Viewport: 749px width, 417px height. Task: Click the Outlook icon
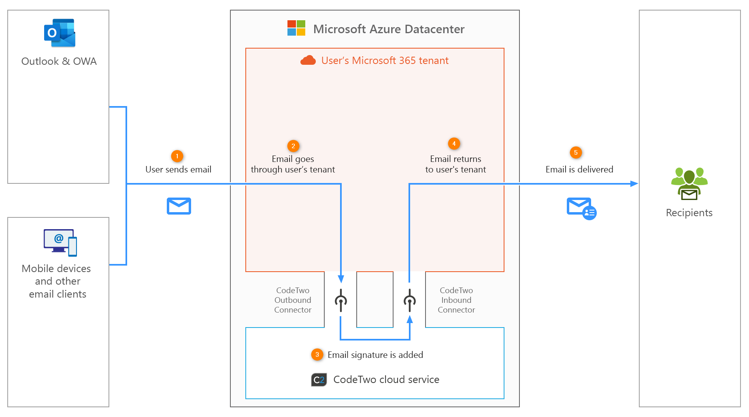coord(60,33)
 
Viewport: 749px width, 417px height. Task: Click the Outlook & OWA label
coord(59,62)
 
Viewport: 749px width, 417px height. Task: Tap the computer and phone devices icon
coord(60,243)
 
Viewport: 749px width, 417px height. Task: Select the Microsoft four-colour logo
coord(296,28)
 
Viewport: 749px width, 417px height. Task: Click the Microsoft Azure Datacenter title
coord(388,29)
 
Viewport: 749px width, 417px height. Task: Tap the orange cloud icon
coord(308,60)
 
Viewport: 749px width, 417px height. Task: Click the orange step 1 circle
coord(177,156)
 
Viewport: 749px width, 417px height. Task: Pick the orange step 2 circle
coord(293,146)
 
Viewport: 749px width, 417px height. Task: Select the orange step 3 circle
coord(317,355)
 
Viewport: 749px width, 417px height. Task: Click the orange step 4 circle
coord(454,144)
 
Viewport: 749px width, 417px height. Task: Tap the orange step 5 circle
coord(576,153)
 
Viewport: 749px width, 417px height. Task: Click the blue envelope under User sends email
coord(179,206)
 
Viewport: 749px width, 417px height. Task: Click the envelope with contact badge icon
coord(581,208)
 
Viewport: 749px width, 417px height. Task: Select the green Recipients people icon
coord(689,184)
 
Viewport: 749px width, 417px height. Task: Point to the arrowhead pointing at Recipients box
coord(634,184)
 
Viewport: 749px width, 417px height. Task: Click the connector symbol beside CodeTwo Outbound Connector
coord(341,300)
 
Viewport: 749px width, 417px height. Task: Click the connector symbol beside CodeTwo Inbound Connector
coord(410,300)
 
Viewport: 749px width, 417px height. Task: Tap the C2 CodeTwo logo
coord(319,380)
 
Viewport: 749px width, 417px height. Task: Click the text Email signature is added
coord(375,355)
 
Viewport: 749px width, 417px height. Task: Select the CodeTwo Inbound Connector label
coord(456,300)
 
